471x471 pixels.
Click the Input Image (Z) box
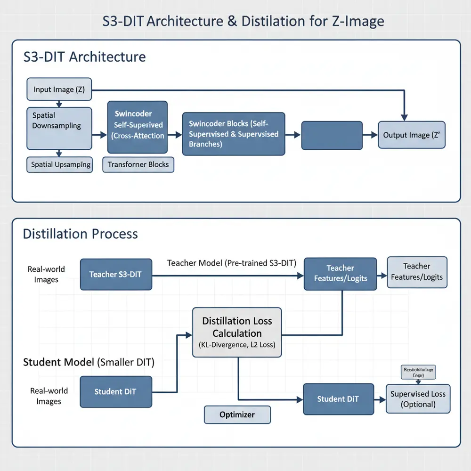point(59,89)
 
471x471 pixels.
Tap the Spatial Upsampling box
point(59,164)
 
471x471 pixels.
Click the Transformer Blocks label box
point(138,165)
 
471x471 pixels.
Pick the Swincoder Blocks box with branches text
point(234,134)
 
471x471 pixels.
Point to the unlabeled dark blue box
point(332,135)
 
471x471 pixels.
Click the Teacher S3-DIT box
point(116,274)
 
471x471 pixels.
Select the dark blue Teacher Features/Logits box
point(340,273)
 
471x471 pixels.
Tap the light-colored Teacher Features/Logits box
point(417,272)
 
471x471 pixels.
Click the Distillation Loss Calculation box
point(237,332)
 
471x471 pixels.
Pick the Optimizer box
point(237,414)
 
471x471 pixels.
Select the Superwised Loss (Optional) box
point(418,399)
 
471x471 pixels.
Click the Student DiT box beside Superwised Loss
point(338,399)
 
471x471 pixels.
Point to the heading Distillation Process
point(81,234)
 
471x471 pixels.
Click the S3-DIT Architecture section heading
point(84,57)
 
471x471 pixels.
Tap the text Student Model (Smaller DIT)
point(89,362)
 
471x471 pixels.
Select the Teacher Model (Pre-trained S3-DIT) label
point(231,263)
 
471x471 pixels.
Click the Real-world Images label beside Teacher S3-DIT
point(46,274)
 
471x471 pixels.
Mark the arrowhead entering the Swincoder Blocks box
point(179,135)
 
